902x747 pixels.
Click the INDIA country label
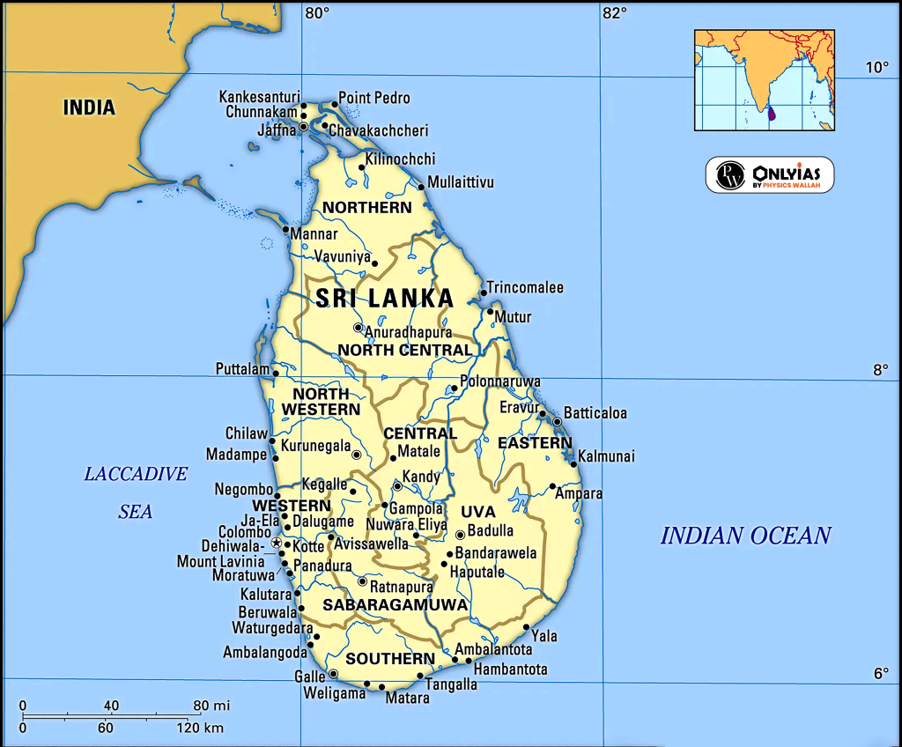tap(89, 107)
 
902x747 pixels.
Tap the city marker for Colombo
tap(276, 543)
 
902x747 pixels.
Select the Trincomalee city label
tap(525, 288)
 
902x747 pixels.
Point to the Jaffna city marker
tap(304, 127)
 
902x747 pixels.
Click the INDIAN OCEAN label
tap(745, 536)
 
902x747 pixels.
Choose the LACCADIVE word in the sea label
tap(136, 474)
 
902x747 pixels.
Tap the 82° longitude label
tap(614, 13)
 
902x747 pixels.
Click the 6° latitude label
tap(881, 674)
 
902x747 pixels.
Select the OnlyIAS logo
tap(769, 174)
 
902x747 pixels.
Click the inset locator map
tap(764, 80)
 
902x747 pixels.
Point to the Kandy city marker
tap(397, 485)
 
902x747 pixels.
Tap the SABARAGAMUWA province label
tap(395, 605)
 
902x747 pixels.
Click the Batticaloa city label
tap(595, 413)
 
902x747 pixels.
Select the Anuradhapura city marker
tap(358, 328)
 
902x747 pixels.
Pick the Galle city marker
tap(333, 674)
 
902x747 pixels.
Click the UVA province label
tap(478, 512)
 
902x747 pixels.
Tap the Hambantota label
tap(510, 669)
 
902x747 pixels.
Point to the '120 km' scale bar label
tap(199, 728)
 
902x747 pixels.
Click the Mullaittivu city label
tap(461, 182)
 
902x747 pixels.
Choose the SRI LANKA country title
tap(385, 298)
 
